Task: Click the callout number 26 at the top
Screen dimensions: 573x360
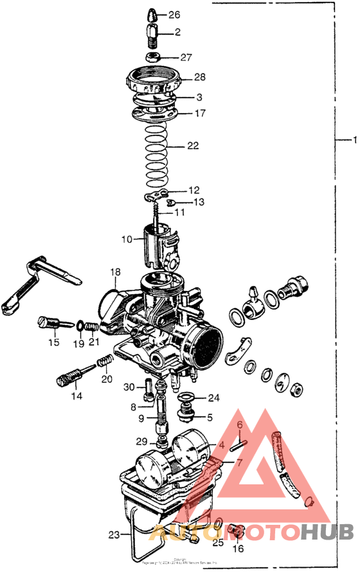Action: (174, 15)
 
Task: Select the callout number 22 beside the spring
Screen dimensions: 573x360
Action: (193, 146)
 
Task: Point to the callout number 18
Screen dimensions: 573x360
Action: (114, 272)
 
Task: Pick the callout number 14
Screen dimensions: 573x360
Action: (76, 396)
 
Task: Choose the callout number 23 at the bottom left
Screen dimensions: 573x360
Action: (114, 534)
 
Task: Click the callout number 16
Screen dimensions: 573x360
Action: (238, 549)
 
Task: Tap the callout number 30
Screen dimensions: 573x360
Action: (129, 387)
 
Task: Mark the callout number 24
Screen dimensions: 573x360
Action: (213, 398)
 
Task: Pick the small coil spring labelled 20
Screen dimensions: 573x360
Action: (105, 365)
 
